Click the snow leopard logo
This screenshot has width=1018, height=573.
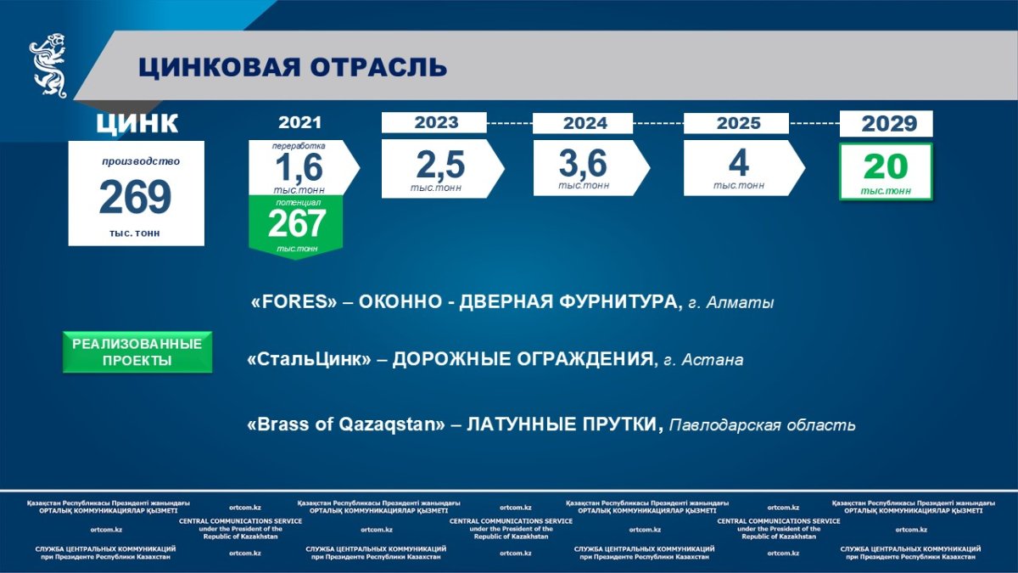(x=48, y=65)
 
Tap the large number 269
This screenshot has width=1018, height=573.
(x=136, y=196)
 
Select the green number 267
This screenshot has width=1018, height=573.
(x=297, y=223)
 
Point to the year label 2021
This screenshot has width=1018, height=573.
(x=300, y=122)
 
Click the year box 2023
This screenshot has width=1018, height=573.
(x=434, y=122)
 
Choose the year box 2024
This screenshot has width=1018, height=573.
(x=583, y=123)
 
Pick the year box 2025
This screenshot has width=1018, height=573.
(x=736, y=123)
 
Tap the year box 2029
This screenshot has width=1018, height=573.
(x=887, y=123)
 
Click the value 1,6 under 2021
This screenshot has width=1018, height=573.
(x=299, y=168)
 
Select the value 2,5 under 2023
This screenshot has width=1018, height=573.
(x=440, y=165)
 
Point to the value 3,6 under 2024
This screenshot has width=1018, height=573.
(x=583, y=163)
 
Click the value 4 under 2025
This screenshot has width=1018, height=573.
(x=739, y=163)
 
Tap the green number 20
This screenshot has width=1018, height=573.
(x=886, y=167)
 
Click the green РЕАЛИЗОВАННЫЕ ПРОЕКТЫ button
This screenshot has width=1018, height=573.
(x=137, y=352)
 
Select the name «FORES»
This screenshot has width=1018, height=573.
(x=294, y=301)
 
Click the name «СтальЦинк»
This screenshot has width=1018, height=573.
(x=309, y=359)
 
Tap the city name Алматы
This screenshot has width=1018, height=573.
(x=740, y=303)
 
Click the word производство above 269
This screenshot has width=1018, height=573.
(x=141, y=161)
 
